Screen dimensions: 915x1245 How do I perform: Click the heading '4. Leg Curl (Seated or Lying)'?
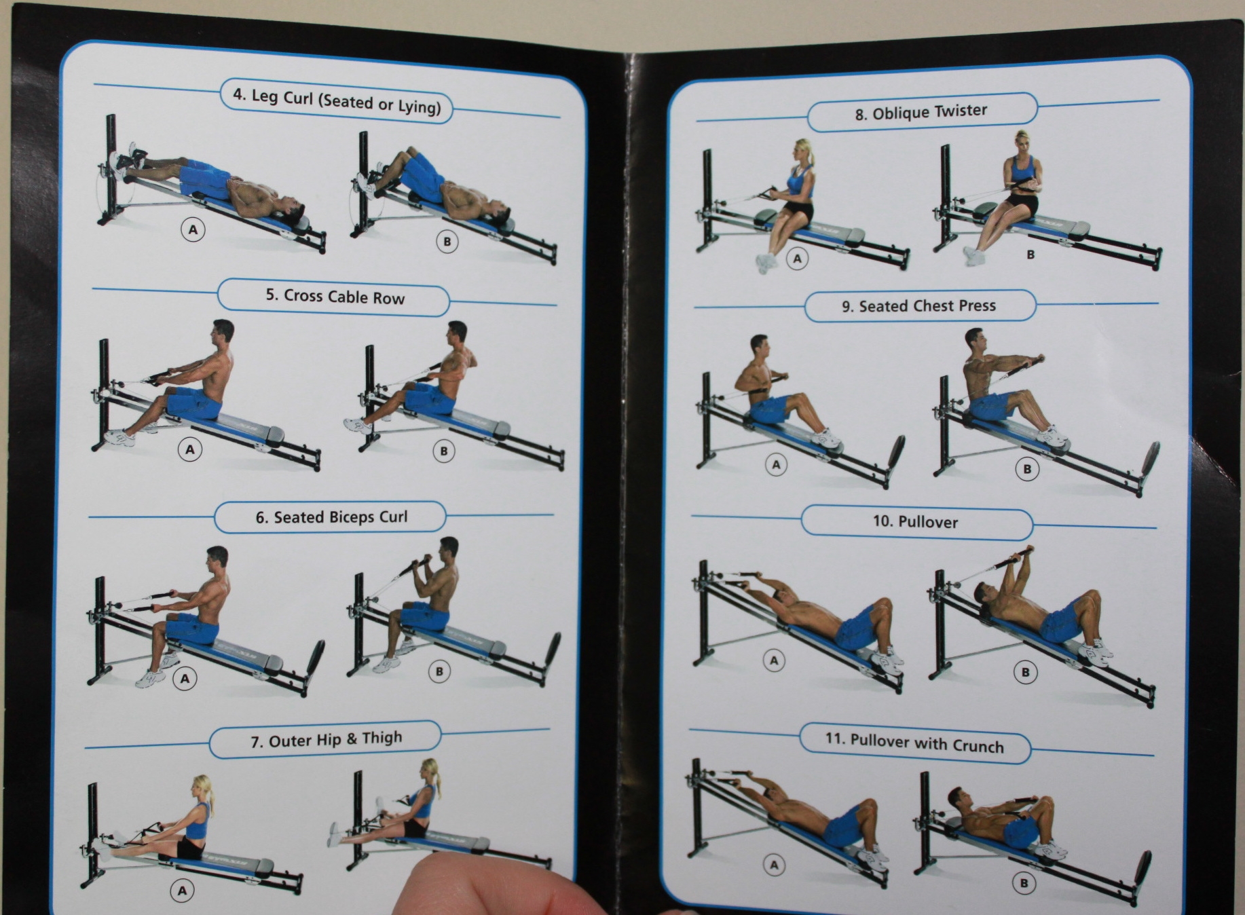click(x=337, y=101)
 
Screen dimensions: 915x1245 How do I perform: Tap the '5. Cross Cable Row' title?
click(x=335, y=297)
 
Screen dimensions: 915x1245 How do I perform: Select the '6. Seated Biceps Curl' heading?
click(x=331, y=517)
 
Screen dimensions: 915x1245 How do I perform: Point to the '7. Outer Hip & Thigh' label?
click(x=326, y=739)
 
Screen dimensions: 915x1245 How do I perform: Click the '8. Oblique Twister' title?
click(x=921, y=112)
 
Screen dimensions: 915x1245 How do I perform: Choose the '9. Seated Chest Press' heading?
click(x=918, y=306)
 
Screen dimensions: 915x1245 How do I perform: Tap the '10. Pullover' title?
click(x=915, y=522)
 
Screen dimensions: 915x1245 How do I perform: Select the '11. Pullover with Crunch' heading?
click(x=914, y=743)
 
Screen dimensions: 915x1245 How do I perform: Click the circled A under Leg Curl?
click(x=193, y=229)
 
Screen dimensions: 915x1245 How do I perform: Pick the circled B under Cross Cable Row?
click(x=444, y=451)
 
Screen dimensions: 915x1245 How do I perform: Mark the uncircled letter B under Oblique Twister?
click(x=1030, y=255)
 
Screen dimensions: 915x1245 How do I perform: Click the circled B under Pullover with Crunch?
click(x=1024, y=883)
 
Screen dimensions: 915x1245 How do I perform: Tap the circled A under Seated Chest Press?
click(x=776, y=465)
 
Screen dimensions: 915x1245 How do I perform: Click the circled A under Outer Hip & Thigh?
click(x=182, y=891)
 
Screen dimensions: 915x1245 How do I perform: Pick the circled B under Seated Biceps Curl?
click(x=439, y=671)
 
